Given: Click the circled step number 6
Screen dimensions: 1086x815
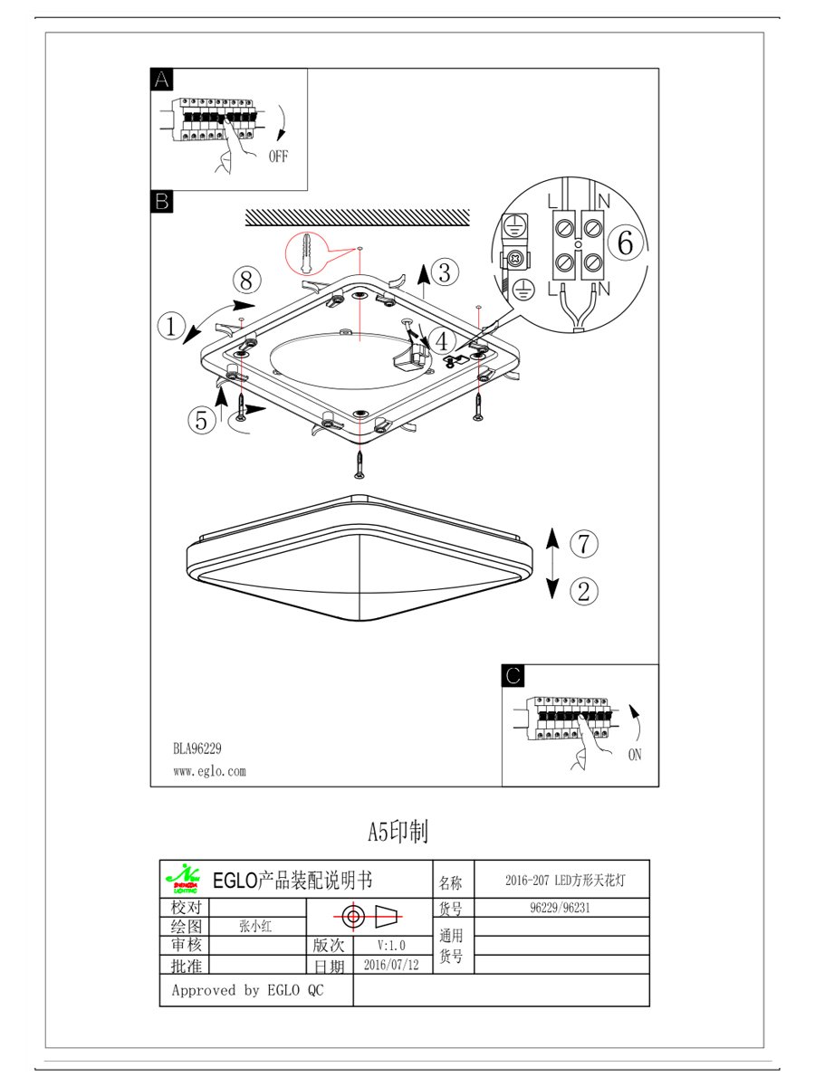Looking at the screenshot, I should [626, 243].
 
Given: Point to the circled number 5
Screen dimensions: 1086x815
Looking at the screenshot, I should [202, 419].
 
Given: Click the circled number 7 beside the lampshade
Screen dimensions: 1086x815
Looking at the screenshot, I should [584, 543].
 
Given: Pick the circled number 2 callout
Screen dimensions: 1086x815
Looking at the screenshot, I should [584, 591].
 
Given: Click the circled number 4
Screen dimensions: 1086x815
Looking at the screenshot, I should [441, 341].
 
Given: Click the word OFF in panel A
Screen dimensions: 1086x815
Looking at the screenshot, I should [278, 157].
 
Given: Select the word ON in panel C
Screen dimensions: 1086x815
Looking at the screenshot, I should [634, 754].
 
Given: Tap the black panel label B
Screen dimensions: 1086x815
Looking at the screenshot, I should [161, 201].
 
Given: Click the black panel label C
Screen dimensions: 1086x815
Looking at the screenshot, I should [513, 675].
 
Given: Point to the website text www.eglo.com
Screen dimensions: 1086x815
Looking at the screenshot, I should [209, 772].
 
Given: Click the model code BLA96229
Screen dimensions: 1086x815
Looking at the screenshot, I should [197, 748].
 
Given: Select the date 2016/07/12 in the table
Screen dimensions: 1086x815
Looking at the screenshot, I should [391, 965].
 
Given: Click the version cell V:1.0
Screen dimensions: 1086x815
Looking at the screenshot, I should [391, 945].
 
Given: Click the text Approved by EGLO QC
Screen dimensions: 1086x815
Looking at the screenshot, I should [247, 990].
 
